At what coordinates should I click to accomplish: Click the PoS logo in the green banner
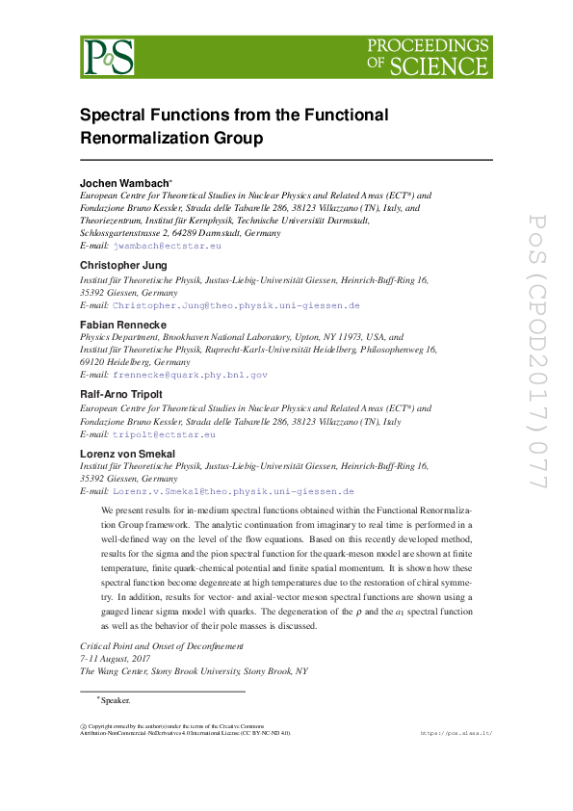tap(108, 57)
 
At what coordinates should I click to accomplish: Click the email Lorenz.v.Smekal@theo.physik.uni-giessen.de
tap(233, 491)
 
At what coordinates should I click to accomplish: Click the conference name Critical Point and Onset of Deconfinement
tap(162, 646)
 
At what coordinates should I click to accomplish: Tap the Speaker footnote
tap(115, 700)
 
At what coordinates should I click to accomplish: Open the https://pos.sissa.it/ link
tap(456, 733)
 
